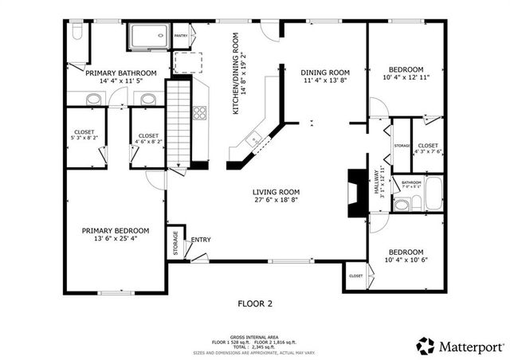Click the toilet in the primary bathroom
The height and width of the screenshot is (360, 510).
point(76,31)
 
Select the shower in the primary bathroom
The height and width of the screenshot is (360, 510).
point(148,37)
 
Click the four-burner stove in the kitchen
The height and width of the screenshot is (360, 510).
point(198,112)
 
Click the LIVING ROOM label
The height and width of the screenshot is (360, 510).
point(276,192)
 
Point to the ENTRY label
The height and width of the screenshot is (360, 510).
point(201,239)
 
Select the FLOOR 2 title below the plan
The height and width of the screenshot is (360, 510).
point(255,303)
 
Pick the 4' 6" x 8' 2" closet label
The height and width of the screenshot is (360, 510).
point(147,139)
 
